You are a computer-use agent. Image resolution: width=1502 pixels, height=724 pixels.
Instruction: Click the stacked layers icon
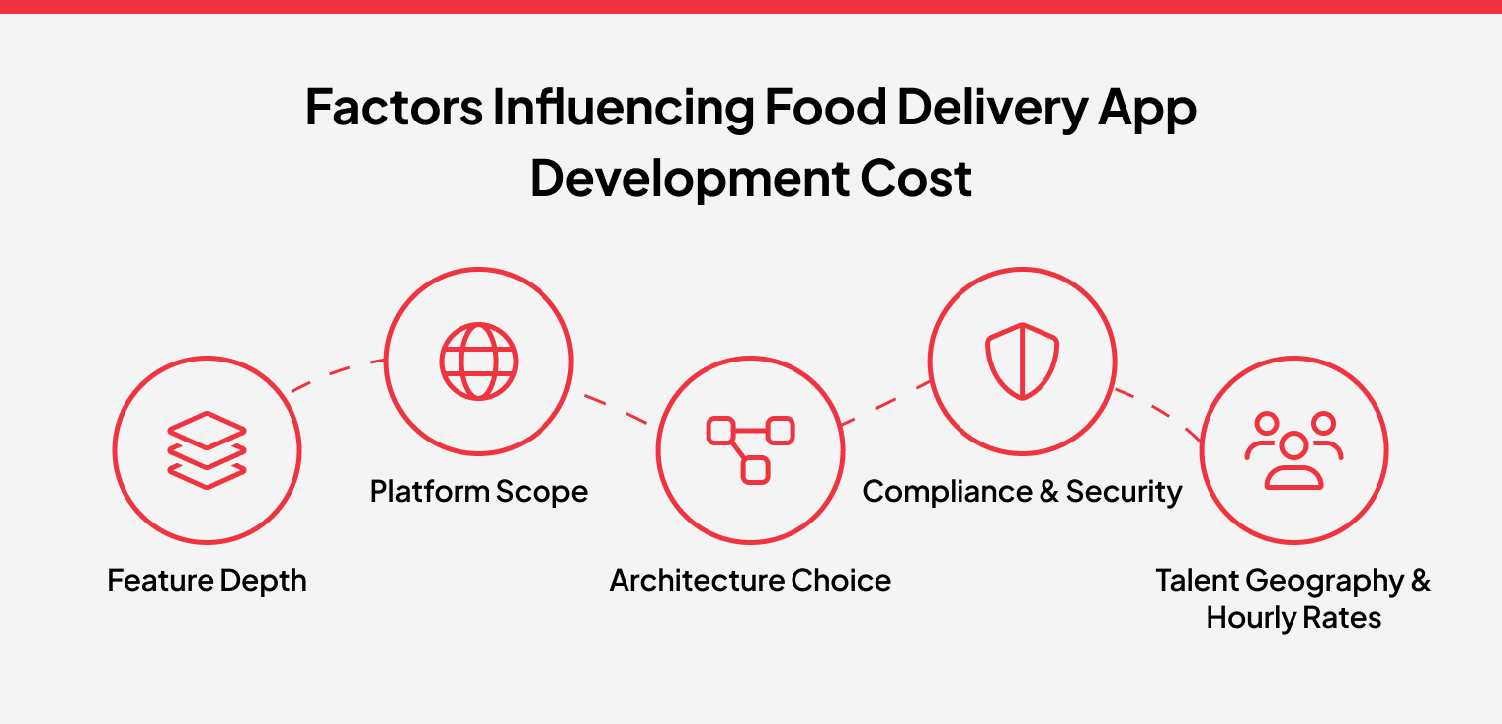pos(207,449)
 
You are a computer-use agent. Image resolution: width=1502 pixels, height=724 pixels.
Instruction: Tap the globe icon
pos(478,362)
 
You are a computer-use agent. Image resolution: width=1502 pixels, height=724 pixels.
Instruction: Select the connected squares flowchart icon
pos(750,449)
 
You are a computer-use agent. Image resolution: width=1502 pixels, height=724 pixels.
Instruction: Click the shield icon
pos(1022,362)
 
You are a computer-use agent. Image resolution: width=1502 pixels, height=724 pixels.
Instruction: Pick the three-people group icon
pos(1293,449)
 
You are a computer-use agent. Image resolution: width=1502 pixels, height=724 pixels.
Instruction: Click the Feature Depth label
pos(207,581)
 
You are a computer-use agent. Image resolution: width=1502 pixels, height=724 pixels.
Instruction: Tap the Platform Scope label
pos(478,491)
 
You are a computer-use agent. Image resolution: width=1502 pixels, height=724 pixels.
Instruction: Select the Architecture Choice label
pos(750,581)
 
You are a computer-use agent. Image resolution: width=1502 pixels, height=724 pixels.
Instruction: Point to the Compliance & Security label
pos(1022,491)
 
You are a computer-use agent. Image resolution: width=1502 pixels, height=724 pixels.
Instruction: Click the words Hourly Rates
pos(1293,618)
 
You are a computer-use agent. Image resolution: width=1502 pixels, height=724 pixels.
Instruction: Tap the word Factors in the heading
pos(394,108)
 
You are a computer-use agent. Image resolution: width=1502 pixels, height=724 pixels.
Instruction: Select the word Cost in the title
pos(916,179)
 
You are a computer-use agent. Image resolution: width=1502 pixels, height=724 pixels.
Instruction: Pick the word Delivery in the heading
pos(992,109)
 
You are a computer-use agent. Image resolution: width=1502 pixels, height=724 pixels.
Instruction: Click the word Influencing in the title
pos(624,109)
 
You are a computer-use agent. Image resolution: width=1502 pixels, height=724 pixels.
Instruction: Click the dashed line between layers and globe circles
pos(337,373)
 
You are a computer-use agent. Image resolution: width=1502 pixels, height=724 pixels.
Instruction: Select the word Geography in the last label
pos(1325,582)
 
